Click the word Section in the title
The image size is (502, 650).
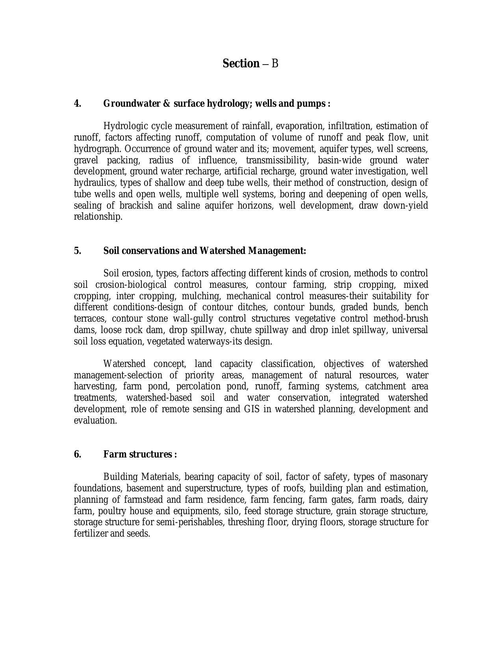tap(241, 63)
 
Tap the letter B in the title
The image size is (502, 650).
tap(275, 63)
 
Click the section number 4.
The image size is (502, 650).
tap(78, 104)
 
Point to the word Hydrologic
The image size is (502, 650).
tap(126, 126)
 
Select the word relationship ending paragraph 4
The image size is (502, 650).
tap(98, 217)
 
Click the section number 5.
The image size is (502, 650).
tap(78, 251)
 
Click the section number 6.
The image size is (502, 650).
tap(78, 454)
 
